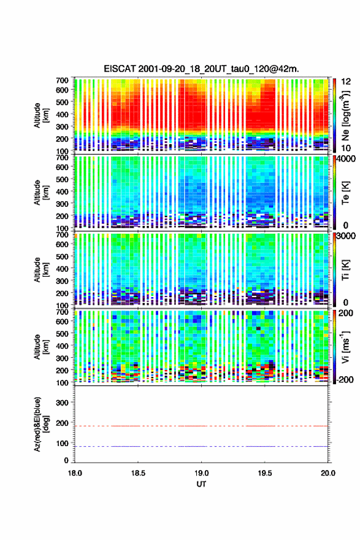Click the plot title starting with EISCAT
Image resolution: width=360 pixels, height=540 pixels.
[201, 69]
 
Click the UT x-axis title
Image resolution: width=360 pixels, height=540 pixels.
[201, 484]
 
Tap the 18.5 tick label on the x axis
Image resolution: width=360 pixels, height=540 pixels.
[138, 473]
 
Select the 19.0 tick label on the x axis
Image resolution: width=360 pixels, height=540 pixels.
[201, 473]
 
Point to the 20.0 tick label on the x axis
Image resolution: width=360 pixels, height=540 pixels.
[327, 473]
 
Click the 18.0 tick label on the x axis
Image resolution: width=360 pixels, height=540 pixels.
[75, 473]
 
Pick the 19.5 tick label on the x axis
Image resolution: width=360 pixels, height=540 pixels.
[265, 473]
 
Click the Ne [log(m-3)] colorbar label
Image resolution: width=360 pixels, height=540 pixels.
[345, 116]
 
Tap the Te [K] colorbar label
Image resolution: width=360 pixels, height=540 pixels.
[345, 193]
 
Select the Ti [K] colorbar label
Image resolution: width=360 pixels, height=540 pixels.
[345, 270]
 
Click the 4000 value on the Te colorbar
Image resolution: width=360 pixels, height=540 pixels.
[345, 159]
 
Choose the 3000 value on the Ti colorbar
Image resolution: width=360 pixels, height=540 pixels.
[345, 236]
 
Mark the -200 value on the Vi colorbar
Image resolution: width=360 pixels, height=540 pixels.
[343, 379]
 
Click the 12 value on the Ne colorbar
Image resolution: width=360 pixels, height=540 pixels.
[346, 81]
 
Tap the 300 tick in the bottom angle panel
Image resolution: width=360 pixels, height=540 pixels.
[62, 403]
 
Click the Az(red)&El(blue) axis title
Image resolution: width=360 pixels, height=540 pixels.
[40, 424]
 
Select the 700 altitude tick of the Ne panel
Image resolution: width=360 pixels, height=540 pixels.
[62, 80]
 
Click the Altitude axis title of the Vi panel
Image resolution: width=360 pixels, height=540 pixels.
[40, 347]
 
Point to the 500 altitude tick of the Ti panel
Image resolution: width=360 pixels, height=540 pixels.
[62, 256]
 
